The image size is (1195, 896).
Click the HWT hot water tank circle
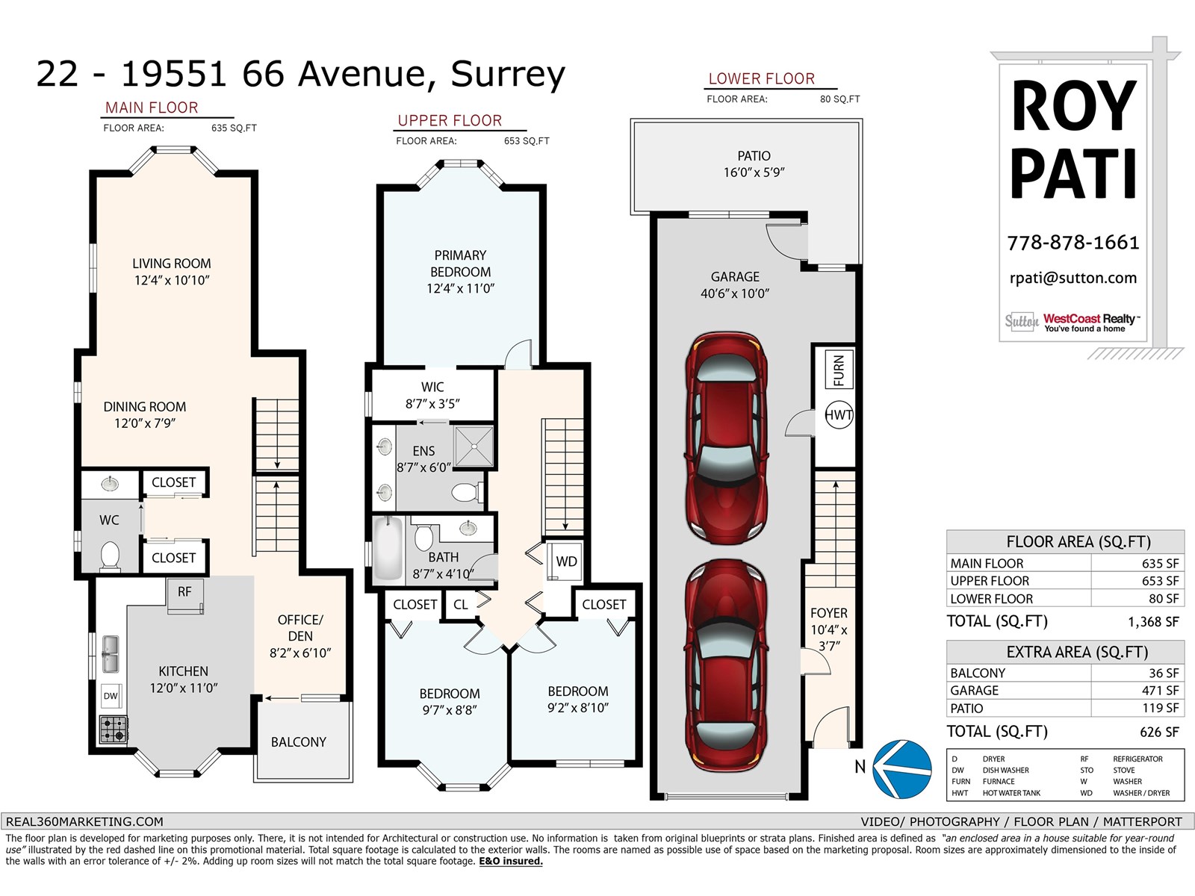click(839, 414)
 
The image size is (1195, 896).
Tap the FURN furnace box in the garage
click(839, 370)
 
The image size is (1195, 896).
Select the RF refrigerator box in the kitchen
click(185, 595)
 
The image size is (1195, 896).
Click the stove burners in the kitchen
click(114, 729)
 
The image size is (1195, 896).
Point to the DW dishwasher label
click(111, 696)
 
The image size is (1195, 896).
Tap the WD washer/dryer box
click(565, 561)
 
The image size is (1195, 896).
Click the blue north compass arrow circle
click(901, 769)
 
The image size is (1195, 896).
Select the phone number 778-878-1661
click(1073, 243)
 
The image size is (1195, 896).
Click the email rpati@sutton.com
click(1073, 278)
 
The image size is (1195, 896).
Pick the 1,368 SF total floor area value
click(1153, 622)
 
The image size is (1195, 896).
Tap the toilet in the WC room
click(110, 556)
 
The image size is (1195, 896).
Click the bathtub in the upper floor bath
click(388, 550)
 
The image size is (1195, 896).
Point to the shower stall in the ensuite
click(474, 446)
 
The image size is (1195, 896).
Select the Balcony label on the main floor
click(298, 742)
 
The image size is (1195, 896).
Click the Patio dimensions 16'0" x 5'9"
click(754, 172)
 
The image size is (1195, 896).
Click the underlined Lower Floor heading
click(762, 79)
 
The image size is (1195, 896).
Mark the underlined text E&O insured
click(511, 861)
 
